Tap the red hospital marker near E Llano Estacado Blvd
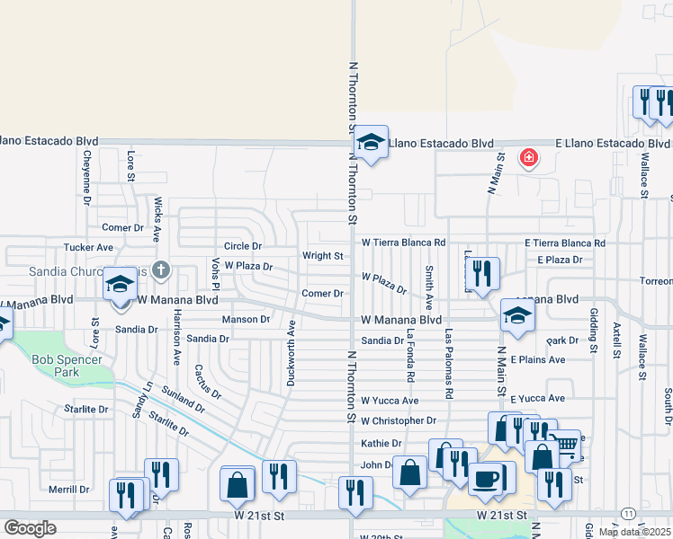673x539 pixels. (529, 159)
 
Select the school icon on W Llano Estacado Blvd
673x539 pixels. (370, 142)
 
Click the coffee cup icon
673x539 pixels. (487, 478)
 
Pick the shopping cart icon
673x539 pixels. (564, 444)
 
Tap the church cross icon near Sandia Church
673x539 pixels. (160, 269)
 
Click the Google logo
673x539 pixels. (30, 528)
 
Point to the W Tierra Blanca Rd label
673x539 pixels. (403, 243)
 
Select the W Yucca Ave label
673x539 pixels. (390, 401)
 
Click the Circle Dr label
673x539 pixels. (242, 246)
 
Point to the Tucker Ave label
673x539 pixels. (88, 247)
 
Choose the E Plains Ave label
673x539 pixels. (537, 359)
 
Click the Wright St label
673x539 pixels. (322, 256)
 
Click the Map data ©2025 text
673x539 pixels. (634, 532)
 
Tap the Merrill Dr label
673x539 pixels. (68, 490)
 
